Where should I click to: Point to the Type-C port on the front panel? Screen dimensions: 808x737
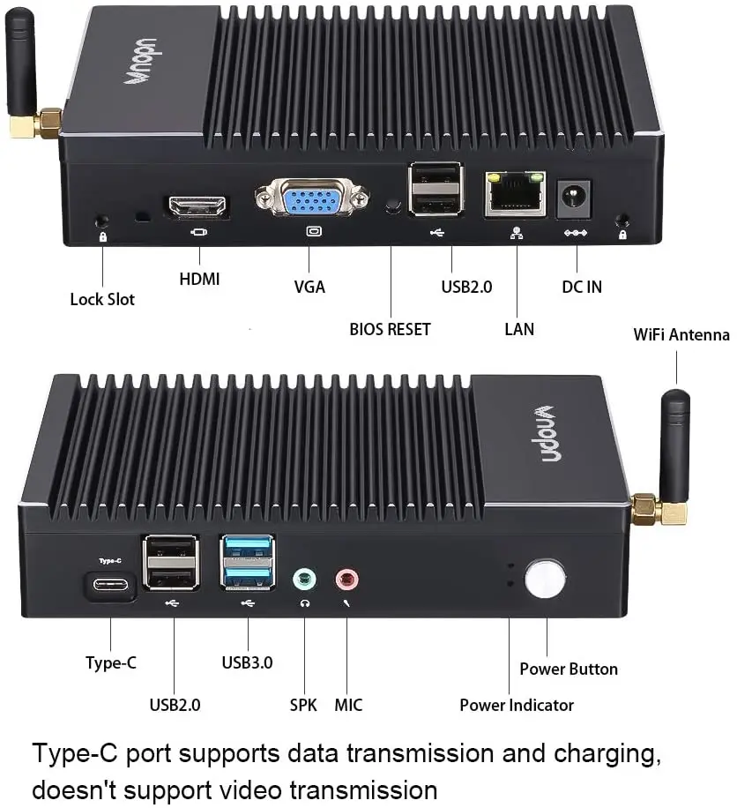click(x=110, y=585)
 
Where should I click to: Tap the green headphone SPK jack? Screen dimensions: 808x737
click(x=304, y=580)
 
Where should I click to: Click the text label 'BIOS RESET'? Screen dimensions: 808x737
click(x=390, y=329)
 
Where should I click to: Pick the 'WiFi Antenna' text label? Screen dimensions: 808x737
click(x=681, y=334)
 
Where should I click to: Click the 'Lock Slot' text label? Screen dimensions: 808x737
click(x=102, y=299)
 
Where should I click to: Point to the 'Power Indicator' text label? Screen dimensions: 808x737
click(x=517, y=705)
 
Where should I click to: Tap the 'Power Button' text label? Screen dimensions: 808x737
click(x=569, y=669)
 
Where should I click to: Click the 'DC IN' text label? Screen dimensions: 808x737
click(x=582, y=287)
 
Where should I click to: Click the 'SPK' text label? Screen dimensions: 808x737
click(x=303, y=705)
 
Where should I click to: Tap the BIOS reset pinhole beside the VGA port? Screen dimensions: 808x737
click(x=391, y=206)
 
